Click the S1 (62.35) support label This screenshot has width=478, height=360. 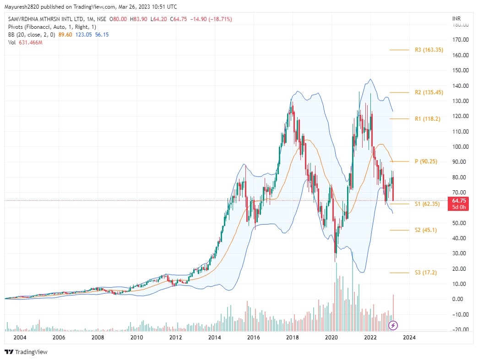[x=427, y=204]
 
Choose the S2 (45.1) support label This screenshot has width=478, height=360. [x=425, y=230]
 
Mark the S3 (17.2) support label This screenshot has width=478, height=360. [x=425, y=273]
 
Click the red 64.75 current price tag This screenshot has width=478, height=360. [x=459, y=200]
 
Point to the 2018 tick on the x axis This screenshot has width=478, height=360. [x=293, y=338]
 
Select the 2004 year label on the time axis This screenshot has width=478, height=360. [x=19, y=338]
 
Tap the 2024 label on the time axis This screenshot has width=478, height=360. [x=409, y=338]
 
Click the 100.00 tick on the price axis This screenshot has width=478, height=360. [x=460, y=147]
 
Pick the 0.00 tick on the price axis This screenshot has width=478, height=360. [x=461, y=299]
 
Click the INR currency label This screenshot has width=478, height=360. [x=456, y=19]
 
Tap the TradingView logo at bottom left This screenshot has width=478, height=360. [x=26, y=352]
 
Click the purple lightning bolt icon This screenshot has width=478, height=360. [x=393, y=326]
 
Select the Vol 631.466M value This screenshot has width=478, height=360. [x=31, y=43]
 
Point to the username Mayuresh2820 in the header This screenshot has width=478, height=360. [x=22, y=7]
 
